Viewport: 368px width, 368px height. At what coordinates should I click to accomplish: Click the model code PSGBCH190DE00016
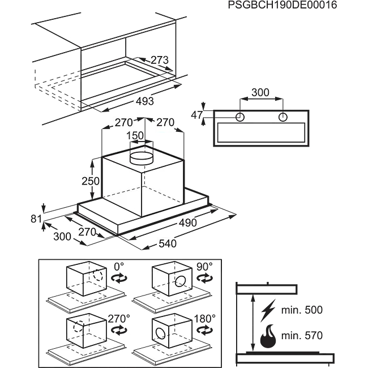pyautogui.click(x=283, y=5)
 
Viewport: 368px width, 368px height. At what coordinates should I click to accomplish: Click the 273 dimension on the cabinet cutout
pyautogui.click(x=160, y=60)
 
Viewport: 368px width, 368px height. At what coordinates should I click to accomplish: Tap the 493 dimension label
pyautogui.click(x=145, y=101)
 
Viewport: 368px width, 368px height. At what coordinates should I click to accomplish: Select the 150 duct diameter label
pyautogui.click(x=135, y=136)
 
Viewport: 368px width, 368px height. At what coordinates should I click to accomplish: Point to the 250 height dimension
pyautogui.click(x=91, y=181)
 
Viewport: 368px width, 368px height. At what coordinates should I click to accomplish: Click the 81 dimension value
pyautogui.click(x=36, y=219)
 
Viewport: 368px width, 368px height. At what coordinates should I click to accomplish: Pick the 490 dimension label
pyautogui.click(x=188, y=222)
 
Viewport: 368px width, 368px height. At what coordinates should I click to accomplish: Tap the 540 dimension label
pyautogui.click(x=168, y=243)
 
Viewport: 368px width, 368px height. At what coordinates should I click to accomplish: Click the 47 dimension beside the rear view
pyautogui.click(x=196, y=115)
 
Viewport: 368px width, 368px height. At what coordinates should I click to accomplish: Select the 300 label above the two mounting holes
pyautogui.click(x=260, y=92)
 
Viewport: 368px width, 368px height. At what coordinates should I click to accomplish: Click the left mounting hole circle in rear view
pyautogui.click(x=240, y=117)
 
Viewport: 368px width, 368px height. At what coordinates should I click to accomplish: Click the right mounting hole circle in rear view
pyautogui.click(x=283, y=117)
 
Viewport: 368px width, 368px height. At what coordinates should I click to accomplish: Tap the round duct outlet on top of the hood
pyautogui.click(x=142, y=158)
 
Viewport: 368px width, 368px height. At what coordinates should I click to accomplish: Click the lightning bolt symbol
pyautogui.click(x=268, y=310)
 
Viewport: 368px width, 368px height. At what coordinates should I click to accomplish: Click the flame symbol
pyautogui.click(x=269, y=336)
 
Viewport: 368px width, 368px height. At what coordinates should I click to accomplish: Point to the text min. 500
pyautogui.click(x=302, y=310)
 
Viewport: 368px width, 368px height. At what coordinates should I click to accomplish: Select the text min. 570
pyautogui.click(x=302, y=336)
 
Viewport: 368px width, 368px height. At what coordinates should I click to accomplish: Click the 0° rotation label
pyautogui.click(x=119, y=267)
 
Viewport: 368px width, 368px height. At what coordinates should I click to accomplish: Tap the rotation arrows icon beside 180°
pyautogui.click(x=204, y=331)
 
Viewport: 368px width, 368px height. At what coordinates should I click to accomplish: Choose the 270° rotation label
pyautogui.click(x=119, y=319)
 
